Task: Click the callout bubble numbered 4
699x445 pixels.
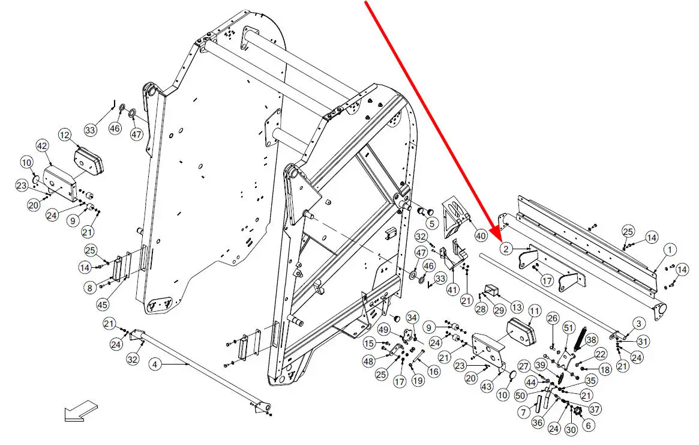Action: [155, 363]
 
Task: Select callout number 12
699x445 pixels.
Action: [65, 136]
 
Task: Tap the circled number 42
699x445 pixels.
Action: [42, 146]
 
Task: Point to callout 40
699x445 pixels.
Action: [481, 236]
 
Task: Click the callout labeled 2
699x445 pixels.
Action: [506, 248]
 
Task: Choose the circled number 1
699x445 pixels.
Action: [670, 249]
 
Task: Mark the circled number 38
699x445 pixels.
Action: [592, 339]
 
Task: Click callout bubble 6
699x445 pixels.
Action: [587, 425]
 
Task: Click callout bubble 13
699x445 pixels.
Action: [517, 307]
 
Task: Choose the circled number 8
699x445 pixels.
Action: [89, 288]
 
